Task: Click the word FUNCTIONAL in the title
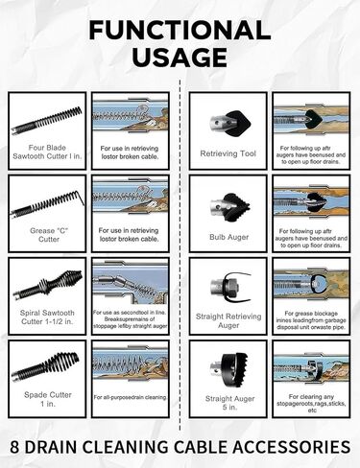pyautogui.click(x=180, y=30)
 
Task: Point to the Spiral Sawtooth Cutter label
pyautogui.click(x=46, y=317)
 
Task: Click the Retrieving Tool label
pyautogui.click(x=226, y=153)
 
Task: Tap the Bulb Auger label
pyautogui.click(x=226, y=235)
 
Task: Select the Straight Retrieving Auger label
pyautogui.click(x=226, y=319)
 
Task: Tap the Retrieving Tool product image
pyautogui.click(x=226, y=119)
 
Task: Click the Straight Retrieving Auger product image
pyautogui.click(x=226, y=284)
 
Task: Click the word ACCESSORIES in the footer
pyautogui.click(x=287, y=446)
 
